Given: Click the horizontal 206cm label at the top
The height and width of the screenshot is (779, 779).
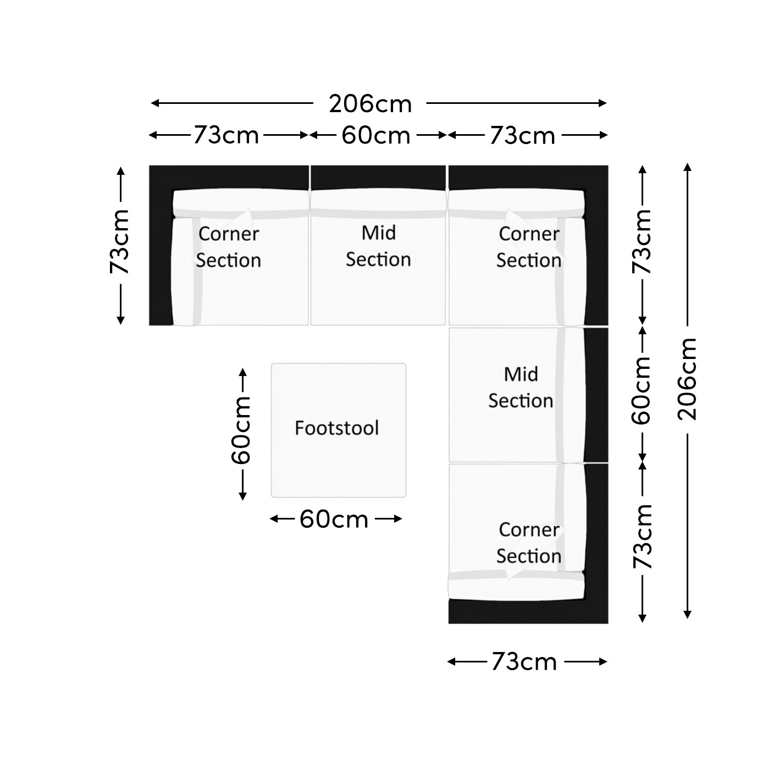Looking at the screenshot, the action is (370, 104).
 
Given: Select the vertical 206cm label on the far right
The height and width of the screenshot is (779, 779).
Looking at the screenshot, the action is (687, 379).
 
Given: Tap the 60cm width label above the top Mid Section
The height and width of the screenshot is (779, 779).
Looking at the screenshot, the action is (376, 135).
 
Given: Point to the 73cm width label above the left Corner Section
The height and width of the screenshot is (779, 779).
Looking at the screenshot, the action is (226, 135).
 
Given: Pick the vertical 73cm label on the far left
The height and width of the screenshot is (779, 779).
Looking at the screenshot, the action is (120, 241).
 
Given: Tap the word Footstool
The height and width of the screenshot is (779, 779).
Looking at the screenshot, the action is (337, 428).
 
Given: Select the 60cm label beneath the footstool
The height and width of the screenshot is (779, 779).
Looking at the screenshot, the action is (334, 520).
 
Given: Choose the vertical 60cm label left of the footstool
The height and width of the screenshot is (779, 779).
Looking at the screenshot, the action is (241, 430).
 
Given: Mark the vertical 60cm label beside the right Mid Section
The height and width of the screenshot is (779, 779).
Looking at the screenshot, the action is (642, 390).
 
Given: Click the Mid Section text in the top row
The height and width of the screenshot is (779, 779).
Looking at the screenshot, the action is (378, 246).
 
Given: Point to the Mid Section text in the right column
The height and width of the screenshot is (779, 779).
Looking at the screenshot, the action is (521, 387).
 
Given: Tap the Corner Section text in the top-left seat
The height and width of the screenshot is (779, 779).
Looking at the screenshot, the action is (228, 247).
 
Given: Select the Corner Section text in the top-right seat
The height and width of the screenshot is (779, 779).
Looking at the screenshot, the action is (529, 247).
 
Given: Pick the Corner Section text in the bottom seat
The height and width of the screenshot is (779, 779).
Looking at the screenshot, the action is (529, 543).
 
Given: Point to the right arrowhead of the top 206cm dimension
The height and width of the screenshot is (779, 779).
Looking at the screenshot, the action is (603, 103).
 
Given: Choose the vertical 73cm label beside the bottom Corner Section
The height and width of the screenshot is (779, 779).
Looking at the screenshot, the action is (642, 537).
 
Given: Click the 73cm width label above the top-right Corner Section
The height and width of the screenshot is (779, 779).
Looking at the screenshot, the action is (522, 135).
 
